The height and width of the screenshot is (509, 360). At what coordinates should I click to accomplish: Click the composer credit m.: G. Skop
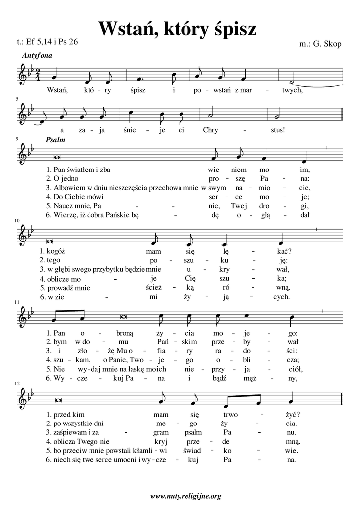coord(321,44)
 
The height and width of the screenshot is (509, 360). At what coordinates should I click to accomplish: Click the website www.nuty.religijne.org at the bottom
coord(185,496)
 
